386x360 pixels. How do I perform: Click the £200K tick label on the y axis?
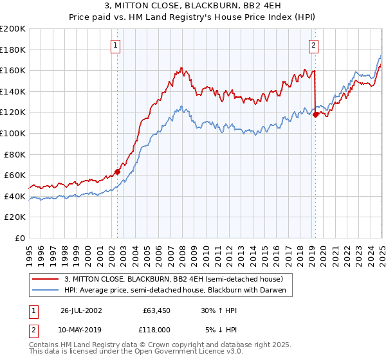point(13,29)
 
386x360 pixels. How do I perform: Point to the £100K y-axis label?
point(13,133)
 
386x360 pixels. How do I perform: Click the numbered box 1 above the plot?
point(115,45)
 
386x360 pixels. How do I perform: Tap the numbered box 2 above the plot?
point(313,45)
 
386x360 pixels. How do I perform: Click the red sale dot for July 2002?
point(118,172)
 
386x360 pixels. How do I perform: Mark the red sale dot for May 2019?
point(315,114)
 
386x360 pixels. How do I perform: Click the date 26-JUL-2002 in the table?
point(81,310)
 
